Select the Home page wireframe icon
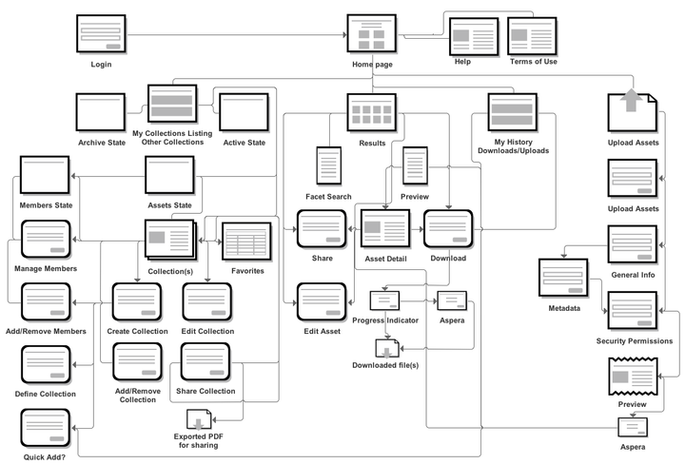[x=371, y=34]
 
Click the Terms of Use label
[x=534, y=62]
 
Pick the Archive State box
[x=101, y=113]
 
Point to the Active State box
[x=244, y=113]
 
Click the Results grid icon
[x=371, y=113]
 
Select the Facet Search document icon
[x=329, y=167]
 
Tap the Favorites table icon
[x=247, y=242]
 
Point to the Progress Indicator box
[x=384, y=300]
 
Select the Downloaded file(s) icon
[x=384, y=347]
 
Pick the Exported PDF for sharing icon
[x=198, y=417]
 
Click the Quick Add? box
[x=46, y=428]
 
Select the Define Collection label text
[x=46, y=394]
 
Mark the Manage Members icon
[x=46, y=242]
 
